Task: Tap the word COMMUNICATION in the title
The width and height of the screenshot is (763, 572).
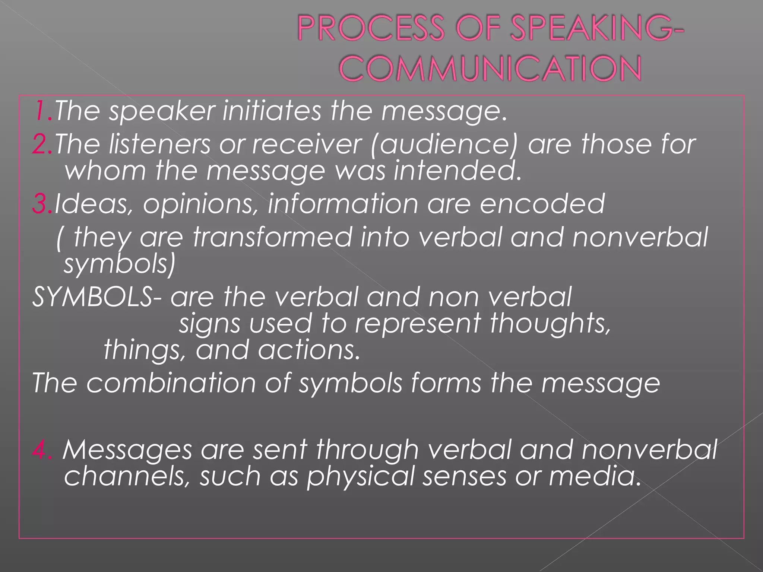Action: (x=490, y=69)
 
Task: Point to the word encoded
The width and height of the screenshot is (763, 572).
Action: (x=542, y=204)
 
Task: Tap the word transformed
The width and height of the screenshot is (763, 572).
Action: (x=272, y=237)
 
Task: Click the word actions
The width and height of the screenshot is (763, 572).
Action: (x=309, y=350)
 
